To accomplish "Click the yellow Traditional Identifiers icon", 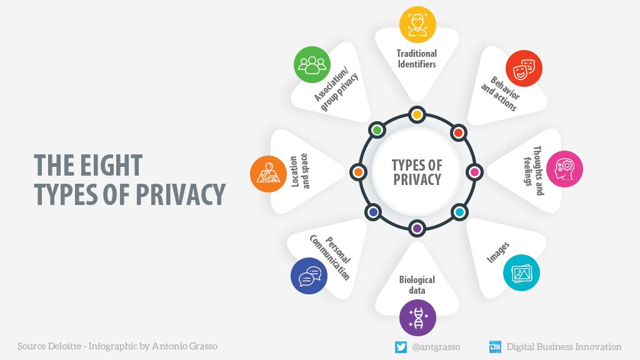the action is point(417,24).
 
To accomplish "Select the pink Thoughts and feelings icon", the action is point(564,169).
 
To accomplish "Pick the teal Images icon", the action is point(521,272).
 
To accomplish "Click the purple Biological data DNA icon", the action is point(417,317).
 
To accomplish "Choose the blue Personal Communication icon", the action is point(309,276).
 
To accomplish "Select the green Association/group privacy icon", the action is point(311,65).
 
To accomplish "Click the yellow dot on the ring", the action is point(417,114).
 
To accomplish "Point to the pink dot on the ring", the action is point(474,171).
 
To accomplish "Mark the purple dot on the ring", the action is point(417,229).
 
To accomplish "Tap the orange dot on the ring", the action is point(358,171).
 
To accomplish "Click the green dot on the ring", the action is point(377,130).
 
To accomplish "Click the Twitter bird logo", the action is point(401,347).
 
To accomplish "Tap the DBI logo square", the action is point(495,347).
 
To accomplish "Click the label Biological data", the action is point(417,285).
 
